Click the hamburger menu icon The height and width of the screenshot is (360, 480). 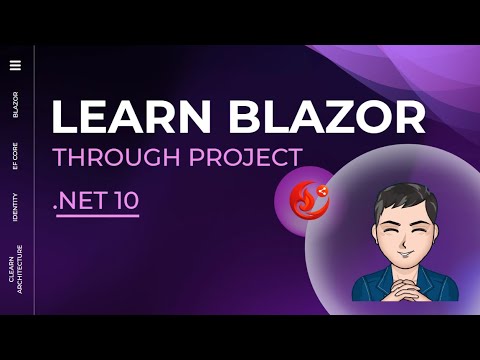tap(15, 66)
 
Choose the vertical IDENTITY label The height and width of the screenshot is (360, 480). tap(15, 208)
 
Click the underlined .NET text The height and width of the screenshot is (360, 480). tap(83, 199)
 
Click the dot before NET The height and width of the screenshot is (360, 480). tap(56, 207)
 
